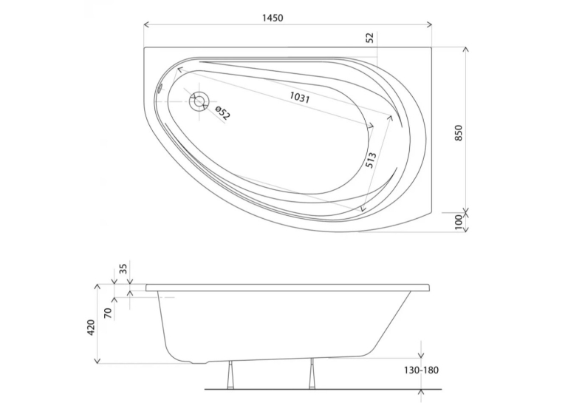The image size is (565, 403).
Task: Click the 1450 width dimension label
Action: [273, 18]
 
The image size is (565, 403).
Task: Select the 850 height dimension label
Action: [458, 133]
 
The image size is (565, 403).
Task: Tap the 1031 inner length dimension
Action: [300, 98]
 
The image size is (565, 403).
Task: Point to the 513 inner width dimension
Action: [371, 160]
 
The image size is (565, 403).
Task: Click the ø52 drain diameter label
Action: [222, 113]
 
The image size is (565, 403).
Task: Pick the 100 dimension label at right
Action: [459, 222]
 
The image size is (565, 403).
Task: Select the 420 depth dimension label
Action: [91, 328]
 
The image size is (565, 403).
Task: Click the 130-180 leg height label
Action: [421, 370]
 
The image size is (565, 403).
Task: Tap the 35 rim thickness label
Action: [123, 268]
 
